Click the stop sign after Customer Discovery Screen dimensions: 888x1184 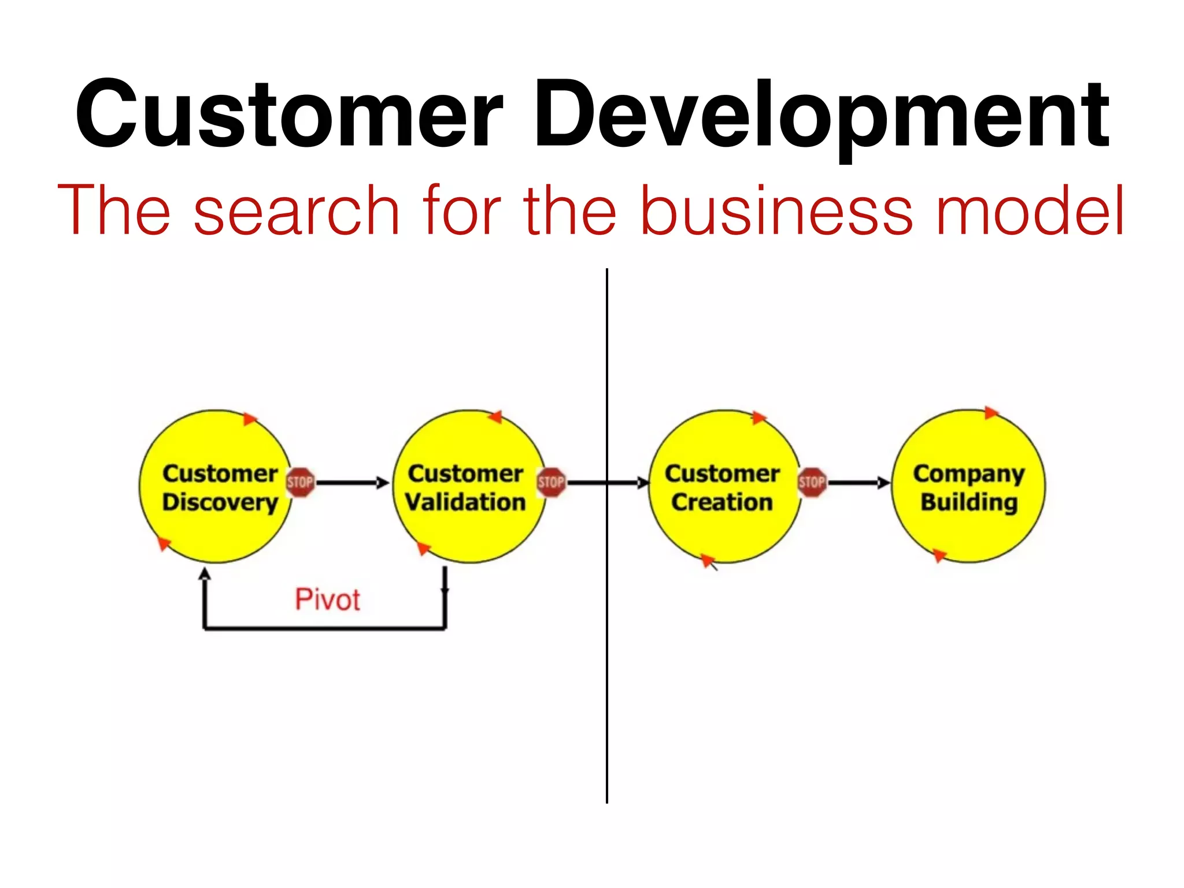(301, 482)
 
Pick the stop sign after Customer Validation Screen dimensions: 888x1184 (551, 482)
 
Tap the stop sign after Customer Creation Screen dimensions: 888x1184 (812, 482)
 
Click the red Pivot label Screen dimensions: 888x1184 (327, 600)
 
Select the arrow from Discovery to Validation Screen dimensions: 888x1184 (353, 482)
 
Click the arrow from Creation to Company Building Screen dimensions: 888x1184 (859, 482)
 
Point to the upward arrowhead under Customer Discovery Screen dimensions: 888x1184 (204, 574)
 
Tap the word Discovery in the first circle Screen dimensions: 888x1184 (220, 502)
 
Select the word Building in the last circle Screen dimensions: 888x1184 (969, 502)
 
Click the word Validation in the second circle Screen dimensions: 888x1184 (466, 502)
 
